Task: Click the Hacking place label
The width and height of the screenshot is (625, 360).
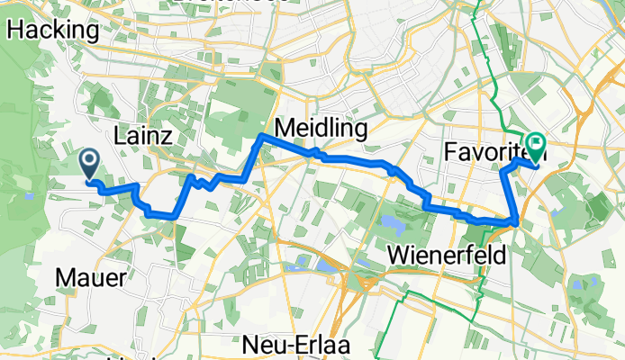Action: point(53,30)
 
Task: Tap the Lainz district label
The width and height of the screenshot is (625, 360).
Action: point(149,136)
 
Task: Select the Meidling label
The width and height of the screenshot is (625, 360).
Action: point(321,130)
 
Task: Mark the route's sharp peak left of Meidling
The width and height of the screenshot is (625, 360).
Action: point(260,135)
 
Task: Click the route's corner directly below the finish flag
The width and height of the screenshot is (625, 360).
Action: point(515,220)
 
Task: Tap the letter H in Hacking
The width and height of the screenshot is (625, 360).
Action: point(15,30)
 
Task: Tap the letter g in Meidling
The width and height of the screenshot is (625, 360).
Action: point(360,131)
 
